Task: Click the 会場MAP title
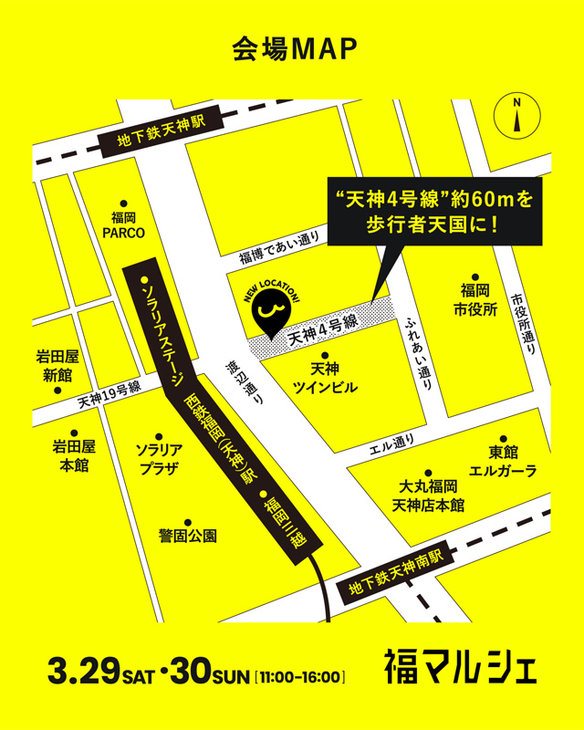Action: coord(292,49)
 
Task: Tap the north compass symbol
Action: coord(517,118)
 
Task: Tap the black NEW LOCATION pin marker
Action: coord(267,313)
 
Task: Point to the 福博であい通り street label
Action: coord(279,248)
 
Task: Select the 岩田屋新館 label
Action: coord(57,366)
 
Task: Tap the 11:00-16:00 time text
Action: coord(301,678)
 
